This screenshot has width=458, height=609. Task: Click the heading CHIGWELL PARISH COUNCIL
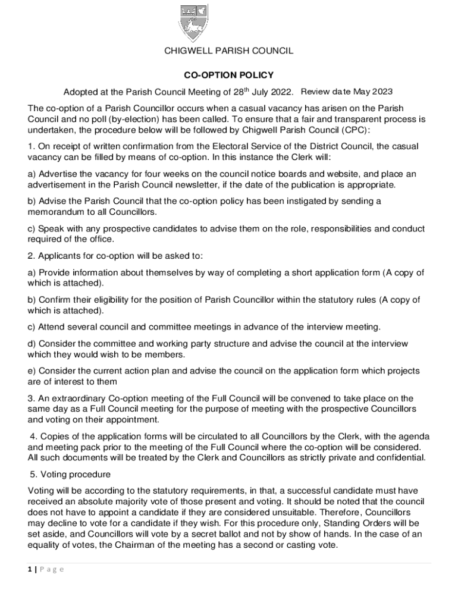tap(228, 51)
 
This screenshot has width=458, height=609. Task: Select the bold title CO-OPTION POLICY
tap(228, 75)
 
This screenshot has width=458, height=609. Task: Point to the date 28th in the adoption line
tap(240, 92)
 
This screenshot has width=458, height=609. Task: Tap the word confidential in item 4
tap(398, 457)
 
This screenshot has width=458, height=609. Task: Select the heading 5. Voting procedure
tap(70, 475)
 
